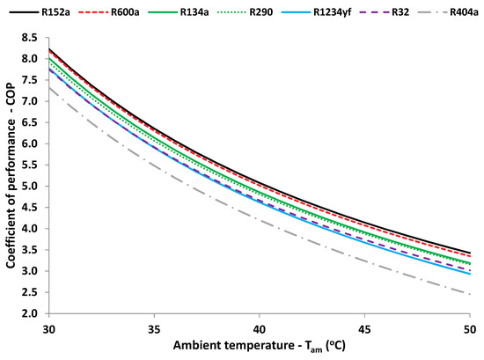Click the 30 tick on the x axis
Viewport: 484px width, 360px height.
(x=48, y=327)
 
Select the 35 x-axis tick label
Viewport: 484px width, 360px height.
(x=154, y=327)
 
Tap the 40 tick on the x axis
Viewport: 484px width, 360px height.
(x=260, y=327)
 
